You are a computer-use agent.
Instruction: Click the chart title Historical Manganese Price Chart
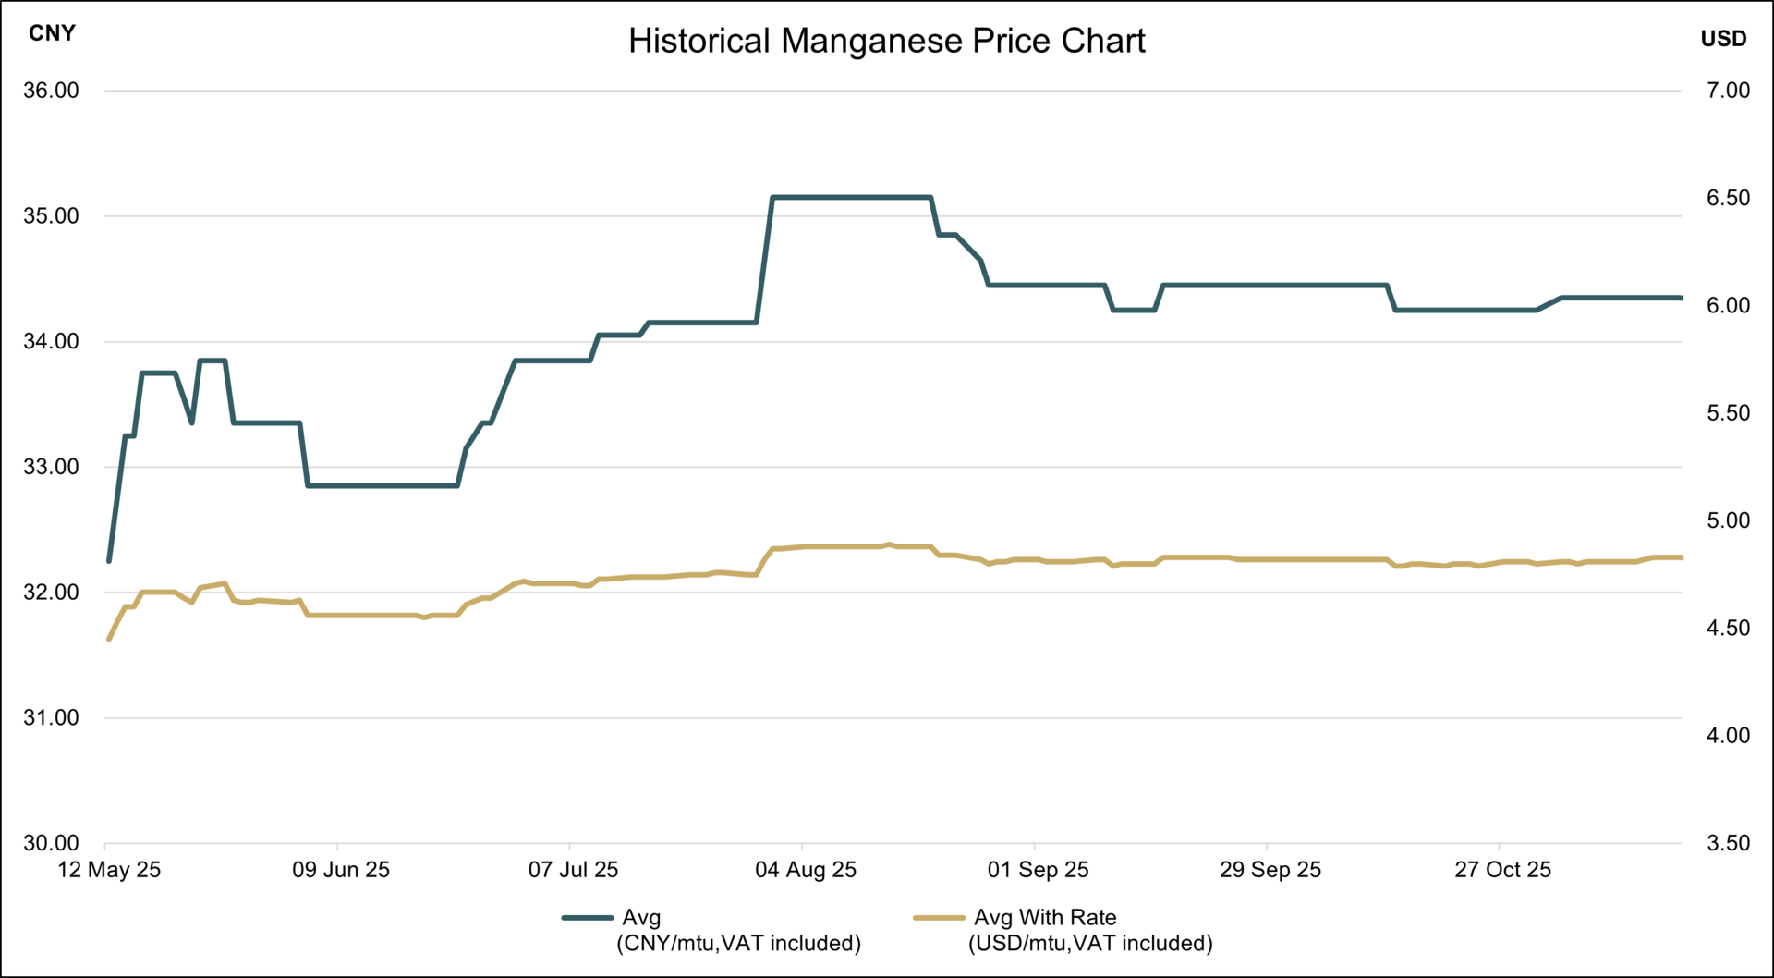click(886, 42)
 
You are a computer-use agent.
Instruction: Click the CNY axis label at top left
click(52, 33)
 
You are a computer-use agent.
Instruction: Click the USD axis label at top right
click(1723, 39)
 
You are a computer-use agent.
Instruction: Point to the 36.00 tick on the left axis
click(51, 91)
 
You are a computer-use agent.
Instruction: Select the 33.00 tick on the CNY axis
click(51, 467)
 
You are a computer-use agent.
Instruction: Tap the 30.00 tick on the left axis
click(51, 843)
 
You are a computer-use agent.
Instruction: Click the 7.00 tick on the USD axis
click(1728, 91)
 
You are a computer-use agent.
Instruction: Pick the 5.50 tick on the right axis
click(1728, 413)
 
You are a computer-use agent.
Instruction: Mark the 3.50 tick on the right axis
click(1728, 843)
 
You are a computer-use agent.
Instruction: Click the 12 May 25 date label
click(109, 870)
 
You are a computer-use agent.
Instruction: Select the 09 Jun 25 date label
click(341, 870)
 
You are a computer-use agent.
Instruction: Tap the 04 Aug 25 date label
click(806, 870)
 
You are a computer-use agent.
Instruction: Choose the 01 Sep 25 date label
click(1038, 870)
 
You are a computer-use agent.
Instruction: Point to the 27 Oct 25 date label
click(1502, 870)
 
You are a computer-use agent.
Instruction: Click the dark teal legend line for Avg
click(588, 918)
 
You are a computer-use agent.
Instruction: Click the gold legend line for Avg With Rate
click(939, 918)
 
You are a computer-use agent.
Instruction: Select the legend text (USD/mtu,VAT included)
click(1090, 944)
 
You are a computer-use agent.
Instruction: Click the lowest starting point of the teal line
click(109, 561)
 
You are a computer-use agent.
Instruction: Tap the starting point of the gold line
click(109, 639)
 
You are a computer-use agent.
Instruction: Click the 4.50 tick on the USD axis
click(1728, 629)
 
